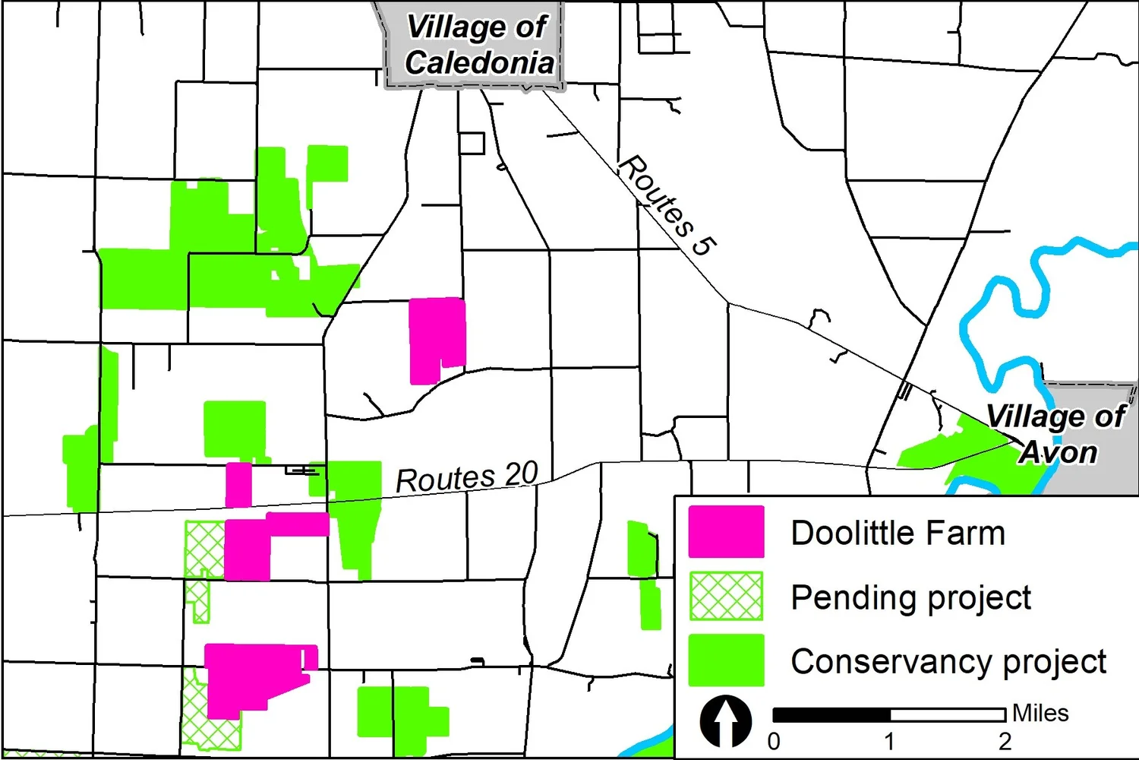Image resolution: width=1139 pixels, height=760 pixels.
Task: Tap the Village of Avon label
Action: (1056, 434)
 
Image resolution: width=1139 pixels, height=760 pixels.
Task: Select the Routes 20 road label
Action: (466, 477)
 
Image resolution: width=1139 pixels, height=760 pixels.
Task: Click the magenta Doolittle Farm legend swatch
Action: (726, 531)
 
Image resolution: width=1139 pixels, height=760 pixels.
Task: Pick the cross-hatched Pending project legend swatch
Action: (726, 596)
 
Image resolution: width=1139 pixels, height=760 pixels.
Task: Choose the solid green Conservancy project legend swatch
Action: (726, 660)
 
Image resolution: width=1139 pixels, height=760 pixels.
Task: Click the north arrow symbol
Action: (726, 721)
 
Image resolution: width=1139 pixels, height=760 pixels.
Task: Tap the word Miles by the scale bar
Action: (1040, 713)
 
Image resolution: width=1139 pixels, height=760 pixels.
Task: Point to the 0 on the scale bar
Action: (774, 741)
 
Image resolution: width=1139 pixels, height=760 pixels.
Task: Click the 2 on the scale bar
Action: (1005, 741)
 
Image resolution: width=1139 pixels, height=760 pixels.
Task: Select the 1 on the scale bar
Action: (889, 741)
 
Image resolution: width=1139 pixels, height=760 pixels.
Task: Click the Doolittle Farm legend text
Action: (898, 533)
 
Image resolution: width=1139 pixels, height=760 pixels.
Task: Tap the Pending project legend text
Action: (910, 598)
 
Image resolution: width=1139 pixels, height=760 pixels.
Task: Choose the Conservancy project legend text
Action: (948, 662)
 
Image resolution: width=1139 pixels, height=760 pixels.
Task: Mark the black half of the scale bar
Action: (831, 714)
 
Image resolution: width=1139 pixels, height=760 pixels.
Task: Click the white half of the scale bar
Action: (948, 714)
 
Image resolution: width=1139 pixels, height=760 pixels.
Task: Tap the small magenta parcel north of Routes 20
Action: (238, 484)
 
